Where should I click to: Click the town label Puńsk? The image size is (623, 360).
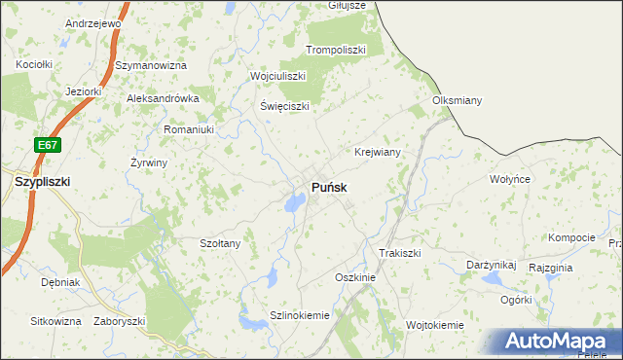click(x=330, y=186)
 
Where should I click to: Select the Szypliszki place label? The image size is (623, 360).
click(x=42, y=181)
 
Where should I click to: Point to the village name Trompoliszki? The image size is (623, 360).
click(x=335, y=50)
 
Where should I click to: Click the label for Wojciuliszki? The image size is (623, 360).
click(x=278, y=76)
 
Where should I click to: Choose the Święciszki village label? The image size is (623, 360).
click(x=284, y=106)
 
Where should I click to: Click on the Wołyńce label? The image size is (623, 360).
click(x=509, y=180)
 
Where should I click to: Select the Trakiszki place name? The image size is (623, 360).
click(x=399, y=253)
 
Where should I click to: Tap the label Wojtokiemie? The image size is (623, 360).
click(x=435, y=324)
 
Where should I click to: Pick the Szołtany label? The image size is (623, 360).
click(x=220, y=243)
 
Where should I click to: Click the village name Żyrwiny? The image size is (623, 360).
click(x=149, y=162)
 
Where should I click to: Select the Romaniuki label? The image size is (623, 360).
click(x=188, y=128)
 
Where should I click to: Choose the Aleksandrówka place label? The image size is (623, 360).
click(x=164, y=98)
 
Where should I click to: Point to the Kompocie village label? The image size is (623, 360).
click(x=571, y=237)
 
